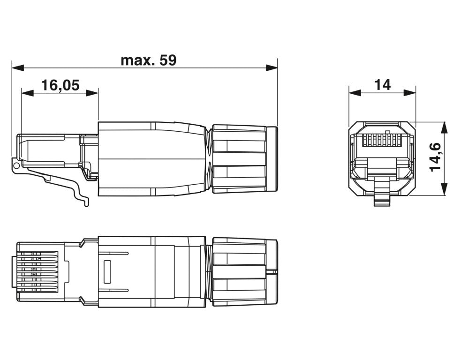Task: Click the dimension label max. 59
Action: pyautogui.click(x=148, y=60)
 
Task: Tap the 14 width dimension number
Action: pyautogui.click(x=382, y=85)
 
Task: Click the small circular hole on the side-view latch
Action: pyautogui.click(x=17, y=165)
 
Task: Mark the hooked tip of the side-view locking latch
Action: pyautogui.click(x=85, y=203)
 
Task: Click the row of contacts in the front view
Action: pyautogui.click(x=382, y=140)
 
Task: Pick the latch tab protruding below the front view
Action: pyautogui.click(x=382, y=197)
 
